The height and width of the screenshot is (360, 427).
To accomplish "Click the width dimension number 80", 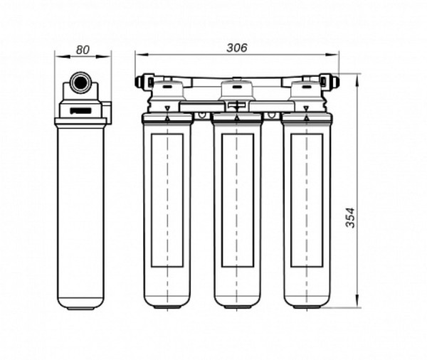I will pos(83,50).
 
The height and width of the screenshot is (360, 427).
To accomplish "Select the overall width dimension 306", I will pos(236,48).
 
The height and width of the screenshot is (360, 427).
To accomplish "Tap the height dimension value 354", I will pos(350,213).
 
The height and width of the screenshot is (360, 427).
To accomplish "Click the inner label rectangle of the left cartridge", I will pos(167,200).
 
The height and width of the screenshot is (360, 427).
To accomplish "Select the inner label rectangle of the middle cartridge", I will pos(238,200).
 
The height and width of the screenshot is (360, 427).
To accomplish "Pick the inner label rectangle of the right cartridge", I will pos(307,200).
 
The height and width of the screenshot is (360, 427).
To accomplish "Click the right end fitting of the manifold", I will pos(333,82).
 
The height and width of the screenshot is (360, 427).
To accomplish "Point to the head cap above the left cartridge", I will pos(169,90).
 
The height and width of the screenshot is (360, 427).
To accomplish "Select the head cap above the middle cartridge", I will pos(238,90).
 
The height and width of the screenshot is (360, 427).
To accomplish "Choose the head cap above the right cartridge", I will pos(307,90).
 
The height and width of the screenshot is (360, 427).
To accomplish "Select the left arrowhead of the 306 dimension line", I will pos(139,55).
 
